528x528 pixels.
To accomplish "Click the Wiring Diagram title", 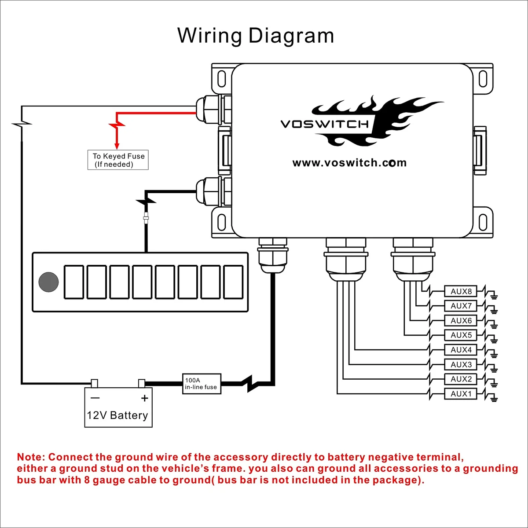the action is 255,36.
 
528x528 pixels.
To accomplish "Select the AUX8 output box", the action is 461,291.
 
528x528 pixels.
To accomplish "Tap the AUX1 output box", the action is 461,394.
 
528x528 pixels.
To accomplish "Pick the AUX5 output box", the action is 461,335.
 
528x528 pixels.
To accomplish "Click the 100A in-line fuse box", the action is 202,384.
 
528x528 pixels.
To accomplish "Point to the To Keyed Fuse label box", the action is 118,160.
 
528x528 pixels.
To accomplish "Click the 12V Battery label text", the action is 117,415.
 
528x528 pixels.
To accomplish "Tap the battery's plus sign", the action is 144,398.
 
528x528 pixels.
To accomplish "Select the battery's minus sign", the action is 95,398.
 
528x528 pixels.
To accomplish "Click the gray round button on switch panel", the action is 48,282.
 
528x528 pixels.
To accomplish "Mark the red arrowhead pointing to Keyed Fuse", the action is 117,146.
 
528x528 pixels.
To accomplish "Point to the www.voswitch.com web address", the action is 349,163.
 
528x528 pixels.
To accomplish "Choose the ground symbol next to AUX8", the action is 494,296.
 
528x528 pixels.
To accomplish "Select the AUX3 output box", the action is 461,364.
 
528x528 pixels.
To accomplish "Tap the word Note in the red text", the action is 31,457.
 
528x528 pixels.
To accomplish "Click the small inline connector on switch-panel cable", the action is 146,218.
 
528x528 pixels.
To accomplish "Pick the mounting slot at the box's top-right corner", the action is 483,78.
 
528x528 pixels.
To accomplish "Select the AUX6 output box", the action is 461,320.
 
